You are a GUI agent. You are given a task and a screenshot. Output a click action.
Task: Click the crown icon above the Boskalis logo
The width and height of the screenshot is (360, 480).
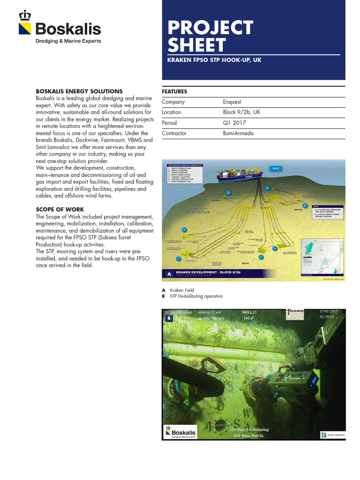point(24,15)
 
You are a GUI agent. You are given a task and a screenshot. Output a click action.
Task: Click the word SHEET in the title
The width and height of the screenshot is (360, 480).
point(197,45)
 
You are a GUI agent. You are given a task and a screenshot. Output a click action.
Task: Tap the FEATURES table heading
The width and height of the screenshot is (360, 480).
point(174,91)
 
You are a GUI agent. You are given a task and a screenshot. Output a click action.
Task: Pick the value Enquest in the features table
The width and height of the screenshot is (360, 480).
point(232,102)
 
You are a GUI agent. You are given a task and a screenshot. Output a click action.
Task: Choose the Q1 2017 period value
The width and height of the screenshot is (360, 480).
point(233,123)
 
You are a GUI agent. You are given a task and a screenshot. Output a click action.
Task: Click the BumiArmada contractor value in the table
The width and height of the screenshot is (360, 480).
point(238,134)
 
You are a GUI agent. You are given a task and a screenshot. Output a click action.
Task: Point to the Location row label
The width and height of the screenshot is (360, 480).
point(172,112)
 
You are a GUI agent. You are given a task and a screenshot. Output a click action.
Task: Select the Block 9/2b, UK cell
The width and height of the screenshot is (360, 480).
point(242,112)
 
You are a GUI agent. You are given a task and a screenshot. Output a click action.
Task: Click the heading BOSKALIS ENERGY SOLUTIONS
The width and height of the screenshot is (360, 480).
point(79,91)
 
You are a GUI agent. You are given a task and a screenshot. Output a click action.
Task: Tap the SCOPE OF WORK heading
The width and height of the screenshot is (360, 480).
point(60,209)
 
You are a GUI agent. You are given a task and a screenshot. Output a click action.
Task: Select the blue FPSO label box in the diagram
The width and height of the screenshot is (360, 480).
point(275,168)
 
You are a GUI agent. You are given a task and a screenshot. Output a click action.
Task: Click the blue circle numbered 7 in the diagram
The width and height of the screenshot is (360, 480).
point(268,188)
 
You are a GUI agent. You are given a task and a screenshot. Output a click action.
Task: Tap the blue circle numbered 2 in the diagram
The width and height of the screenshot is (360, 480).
point(262,257)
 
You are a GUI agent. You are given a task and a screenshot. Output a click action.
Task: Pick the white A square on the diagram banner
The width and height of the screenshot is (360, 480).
point(168,273)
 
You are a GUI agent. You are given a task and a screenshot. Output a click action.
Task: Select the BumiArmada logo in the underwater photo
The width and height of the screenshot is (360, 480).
point(332,435)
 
